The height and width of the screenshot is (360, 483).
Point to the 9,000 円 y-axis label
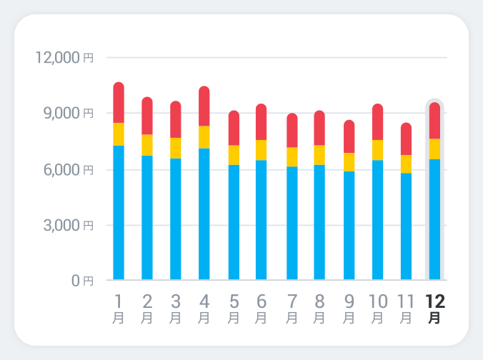tap(69, 113)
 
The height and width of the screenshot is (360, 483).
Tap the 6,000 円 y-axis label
tap(69, 169)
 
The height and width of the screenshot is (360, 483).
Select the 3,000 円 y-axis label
tap(69, 226)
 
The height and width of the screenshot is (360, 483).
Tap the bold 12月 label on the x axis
tap(434, 309)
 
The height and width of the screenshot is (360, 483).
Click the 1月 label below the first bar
tap(119, 309)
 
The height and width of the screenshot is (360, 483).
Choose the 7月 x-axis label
tap(292, 309)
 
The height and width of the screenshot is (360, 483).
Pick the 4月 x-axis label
tap(204, 309)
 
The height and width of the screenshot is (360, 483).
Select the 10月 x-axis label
tap(378, 309)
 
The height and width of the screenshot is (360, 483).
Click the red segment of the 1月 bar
tap(119, 103)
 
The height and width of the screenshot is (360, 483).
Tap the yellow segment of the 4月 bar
tap(204, 137)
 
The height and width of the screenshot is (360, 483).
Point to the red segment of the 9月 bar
tap(349, 136)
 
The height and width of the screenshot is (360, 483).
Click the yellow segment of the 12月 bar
tap(434, 149)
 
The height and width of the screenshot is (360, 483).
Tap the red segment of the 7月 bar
tap(292, 131)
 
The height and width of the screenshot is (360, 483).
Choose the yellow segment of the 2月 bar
tap(147, 145)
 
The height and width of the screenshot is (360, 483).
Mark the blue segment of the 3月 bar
tap(176, 219)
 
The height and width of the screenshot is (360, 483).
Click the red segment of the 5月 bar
tap(234, 128)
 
